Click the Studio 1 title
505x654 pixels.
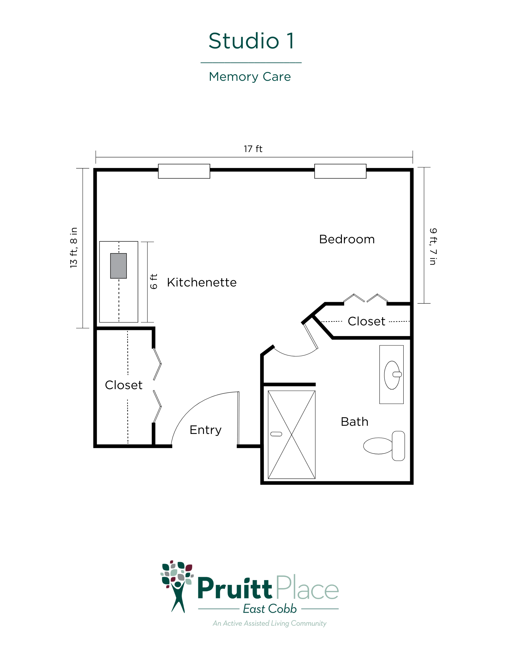point(251,41)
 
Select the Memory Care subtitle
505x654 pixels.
point(250,77)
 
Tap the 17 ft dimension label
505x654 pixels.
point(253,149)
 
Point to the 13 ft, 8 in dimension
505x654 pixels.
point(74,248)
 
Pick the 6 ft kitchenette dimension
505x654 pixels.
point(154,281)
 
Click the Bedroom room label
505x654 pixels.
point(347,239)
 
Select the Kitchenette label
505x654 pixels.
point(202,283)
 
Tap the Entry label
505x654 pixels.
point(206,430)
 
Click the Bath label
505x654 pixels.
point(355,422)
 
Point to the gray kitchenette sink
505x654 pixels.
point(118,266)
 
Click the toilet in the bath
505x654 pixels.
point(384,446)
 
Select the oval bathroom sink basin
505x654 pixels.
point(392,375)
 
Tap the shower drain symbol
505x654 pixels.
point(276,434)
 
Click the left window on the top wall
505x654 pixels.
point(184,171)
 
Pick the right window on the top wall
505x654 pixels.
point(340,171)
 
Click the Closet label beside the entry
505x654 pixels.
point(124,385)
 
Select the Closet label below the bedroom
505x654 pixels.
point(366,321)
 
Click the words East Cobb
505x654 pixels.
point(270,609)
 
